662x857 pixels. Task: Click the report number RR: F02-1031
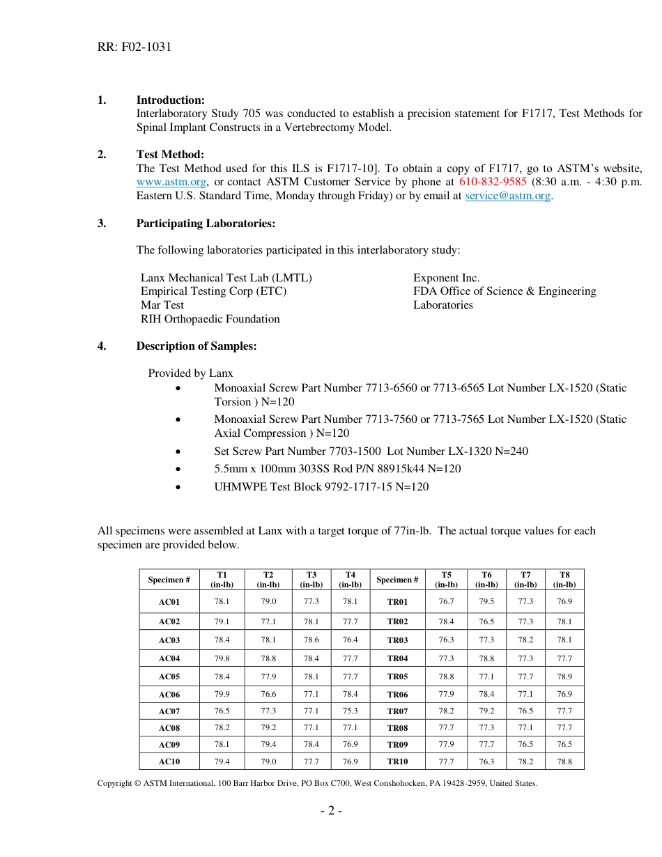[134, 47]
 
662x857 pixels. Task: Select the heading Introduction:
[170, 100]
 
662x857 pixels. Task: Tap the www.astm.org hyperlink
[171, 183]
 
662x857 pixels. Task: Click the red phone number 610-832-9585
[493, 183]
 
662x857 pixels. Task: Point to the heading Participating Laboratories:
[206, 224]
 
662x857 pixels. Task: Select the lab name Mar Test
[162, 305]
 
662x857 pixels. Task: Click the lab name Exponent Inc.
[446, 278]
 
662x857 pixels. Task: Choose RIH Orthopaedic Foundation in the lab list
[210, 319]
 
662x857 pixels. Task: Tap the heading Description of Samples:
[196, 346]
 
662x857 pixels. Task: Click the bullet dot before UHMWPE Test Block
[180, 488]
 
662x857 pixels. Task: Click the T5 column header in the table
[446, 580]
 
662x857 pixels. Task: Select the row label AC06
[169, 695]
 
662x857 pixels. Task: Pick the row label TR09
[397, 745]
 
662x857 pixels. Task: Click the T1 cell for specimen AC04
[222, 658]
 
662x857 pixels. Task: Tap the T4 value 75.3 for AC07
[350, 711]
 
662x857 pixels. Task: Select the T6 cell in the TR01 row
[486, 601]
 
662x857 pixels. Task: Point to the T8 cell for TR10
[564, 762]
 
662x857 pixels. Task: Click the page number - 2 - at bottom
[330, 810]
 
